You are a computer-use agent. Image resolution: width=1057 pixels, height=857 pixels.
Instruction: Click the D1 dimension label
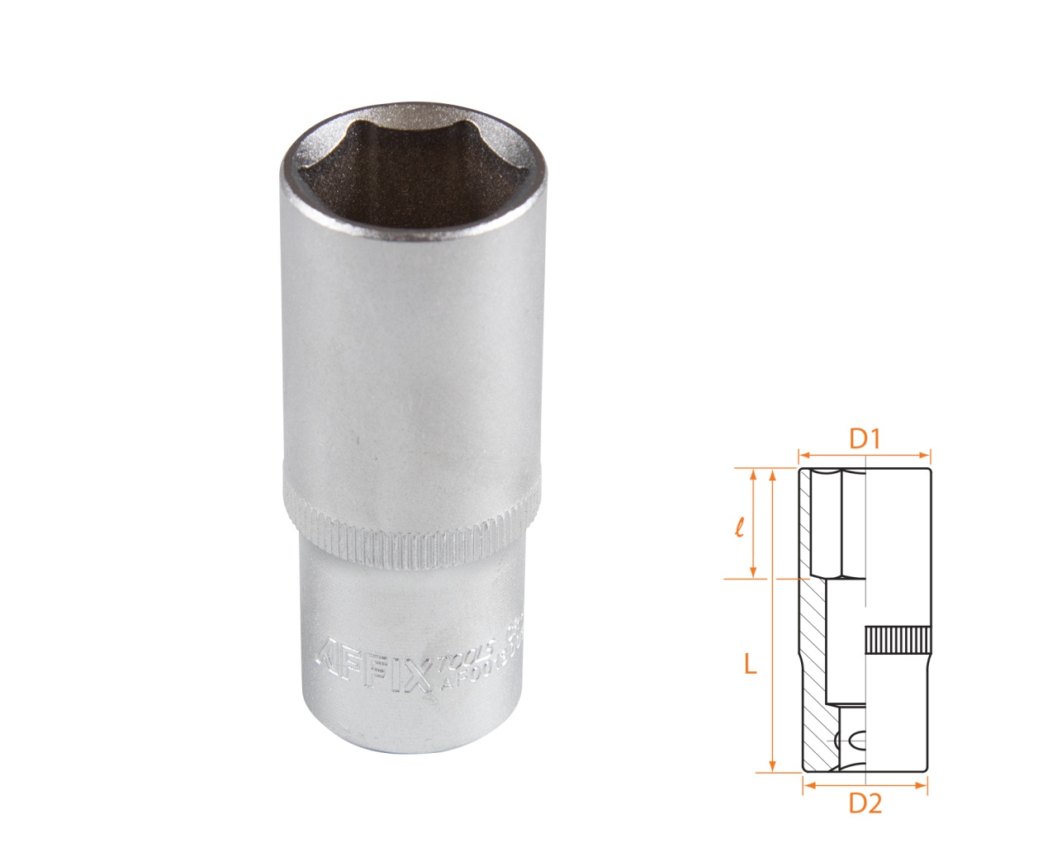[x=864, y=439]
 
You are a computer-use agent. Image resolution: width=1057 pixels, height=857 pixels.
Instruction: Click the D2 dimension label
[x=865, y=803]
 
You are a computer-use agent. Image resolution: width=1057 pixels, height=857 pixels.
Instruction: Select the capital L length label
[x=750, y=663]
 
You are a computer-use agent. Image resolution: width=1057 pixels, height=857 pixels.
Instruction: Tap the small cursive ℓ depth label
[x=740, y=526]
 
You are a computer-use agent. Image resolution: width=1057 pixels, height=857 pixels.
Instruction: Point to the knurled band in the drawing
[x=898, y=641]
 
